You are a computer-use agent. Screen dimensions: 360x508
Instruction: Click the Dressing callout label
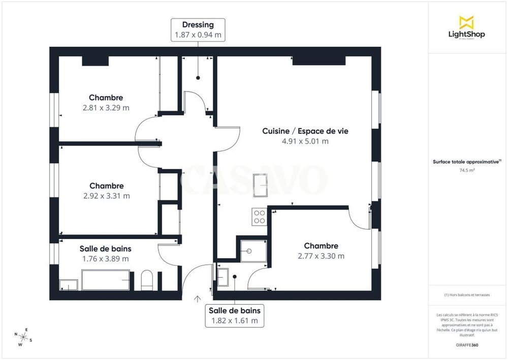pos(198,29)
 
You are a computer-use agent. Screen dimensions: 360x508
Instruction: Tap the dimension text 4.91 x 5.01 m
pos(305,141)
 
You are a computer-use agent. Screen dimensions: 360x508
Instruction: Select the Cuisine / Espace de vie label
pos(305,131)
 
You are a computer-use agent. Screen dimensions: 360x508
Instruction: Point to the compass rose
pos(23,336)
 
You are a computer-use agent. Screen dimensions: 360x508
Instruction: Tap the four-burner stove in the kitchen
pos(260,217)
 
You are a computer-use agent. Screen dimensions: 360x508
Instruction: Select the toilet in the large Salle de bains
pos(147,280)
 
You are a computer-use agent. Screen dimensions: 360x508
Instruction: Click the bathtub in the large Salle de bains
pos(106,280)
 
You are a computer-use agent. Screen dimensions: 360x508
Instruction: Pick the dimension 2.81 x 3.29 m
pos(106,108)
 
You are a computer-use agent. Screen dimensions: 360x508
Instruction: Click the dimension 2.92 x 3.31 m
pos(106,196)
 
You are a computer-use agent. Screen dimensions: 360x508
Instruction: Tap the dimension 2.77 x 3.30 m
pos(321,256)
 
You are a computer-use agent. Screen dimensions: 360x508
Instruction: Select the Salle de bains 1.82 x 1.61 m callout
pos(235,315)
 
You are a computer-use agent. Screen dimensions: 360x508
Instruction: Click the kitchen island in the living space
pos(261,185)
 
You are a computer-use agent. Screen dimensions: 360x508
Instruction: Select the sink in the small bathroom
pos(223,277)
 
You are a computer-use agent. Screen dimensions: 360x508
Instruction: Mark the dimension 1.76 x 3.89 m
pos(105,259)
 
